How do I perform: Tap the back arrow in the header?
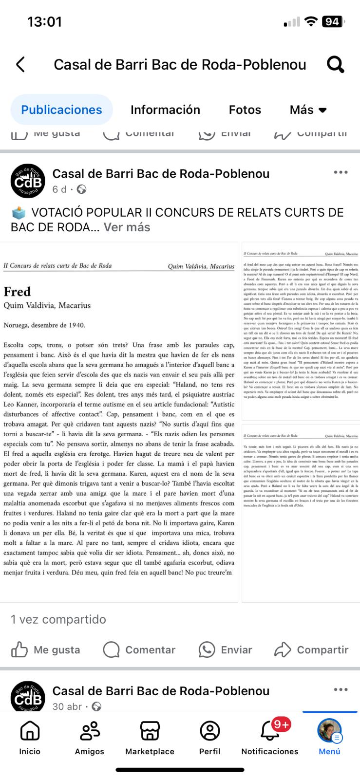(x=20, y=64)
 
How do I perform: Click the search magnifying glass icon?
(x=335, y=64)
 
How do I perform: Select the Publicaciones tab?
(x=61, y=110)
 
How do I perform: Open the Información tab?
(x=165, y=110)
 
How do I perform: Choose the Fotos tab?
(x=245, y=110)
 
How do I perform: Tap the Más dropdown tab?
(x=308, y=110)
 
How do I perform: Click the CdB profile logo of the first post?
(x=27, y=181)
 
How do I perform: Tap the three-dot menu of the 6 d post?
(x=341, y=172)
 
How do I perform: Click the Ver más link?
(x=127, y=227)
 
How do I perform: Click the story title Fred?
(x=17, y=291)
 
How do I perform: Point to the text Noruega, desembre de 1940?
(x=44, y=325)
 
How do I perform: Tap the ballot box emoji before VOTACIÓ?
(x=19, y=213)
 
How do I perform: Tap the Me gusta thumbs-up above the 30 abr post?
(x=19, y=649)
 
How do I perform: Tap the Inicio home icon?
(x=30, y=731)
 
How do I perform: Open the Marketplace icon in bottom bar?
(x=150, y=731)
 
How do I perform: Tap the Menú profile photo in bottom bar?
(x=329, y=731)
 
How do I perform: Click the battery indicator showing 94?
(x=333, y=21)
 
